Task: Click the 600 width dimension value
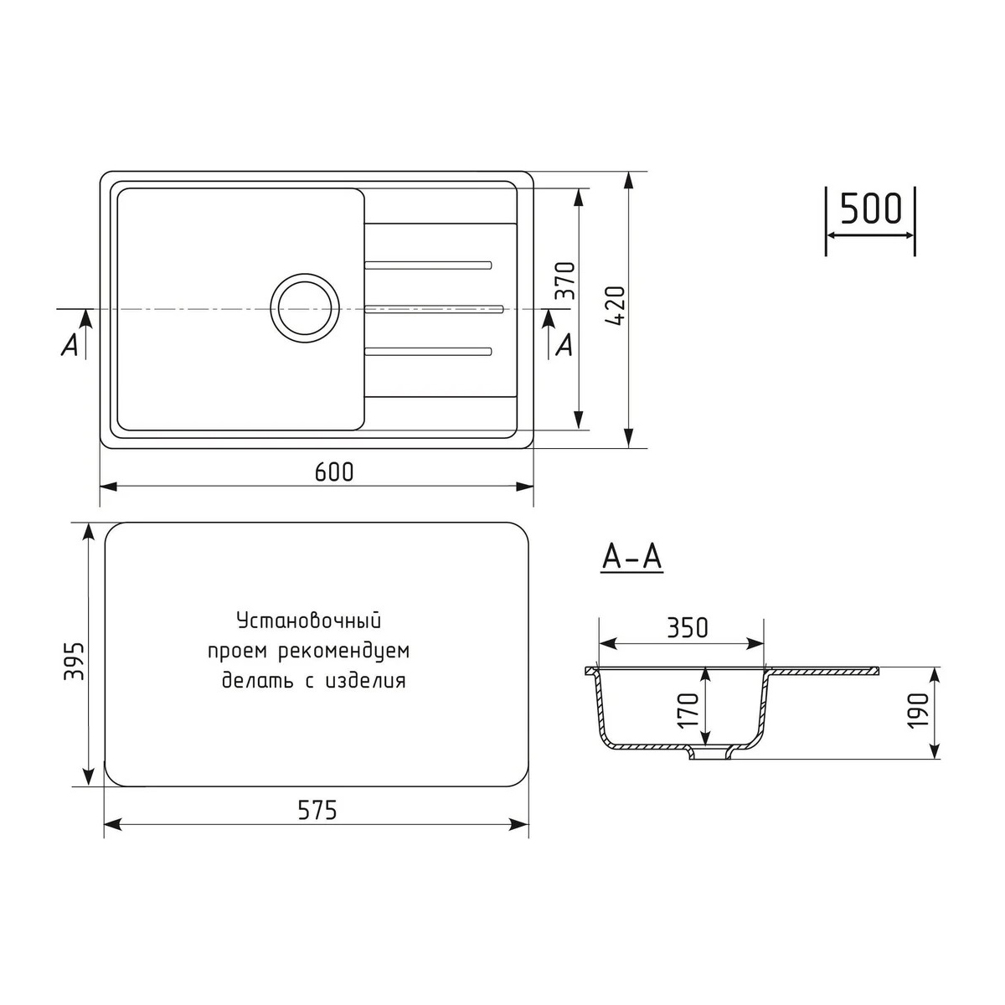(x=334, y=472)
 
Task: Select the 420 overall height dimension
(x=616, y=307)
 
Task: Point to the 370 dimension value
(x=565, y=281)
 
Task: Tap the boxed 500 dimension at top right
(x=871, y=208)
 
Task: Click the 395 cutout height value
(x=74, y=661)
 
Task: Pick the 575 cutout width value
(x=317, y=810)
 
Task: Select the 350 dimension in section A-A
(x=688, y=628)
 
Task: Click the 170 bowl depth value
(x=688, y=710)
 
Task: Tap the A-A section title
(x=632, y=558)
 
